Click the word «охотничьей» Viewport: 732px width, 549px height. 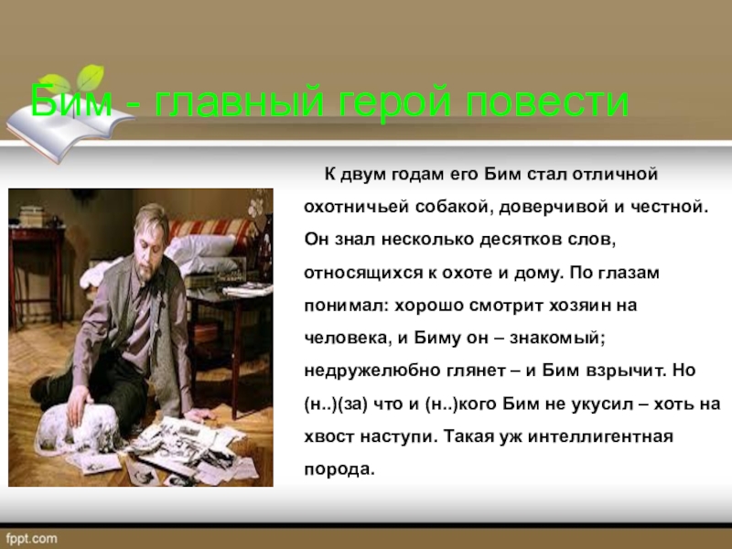(352, 208)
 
